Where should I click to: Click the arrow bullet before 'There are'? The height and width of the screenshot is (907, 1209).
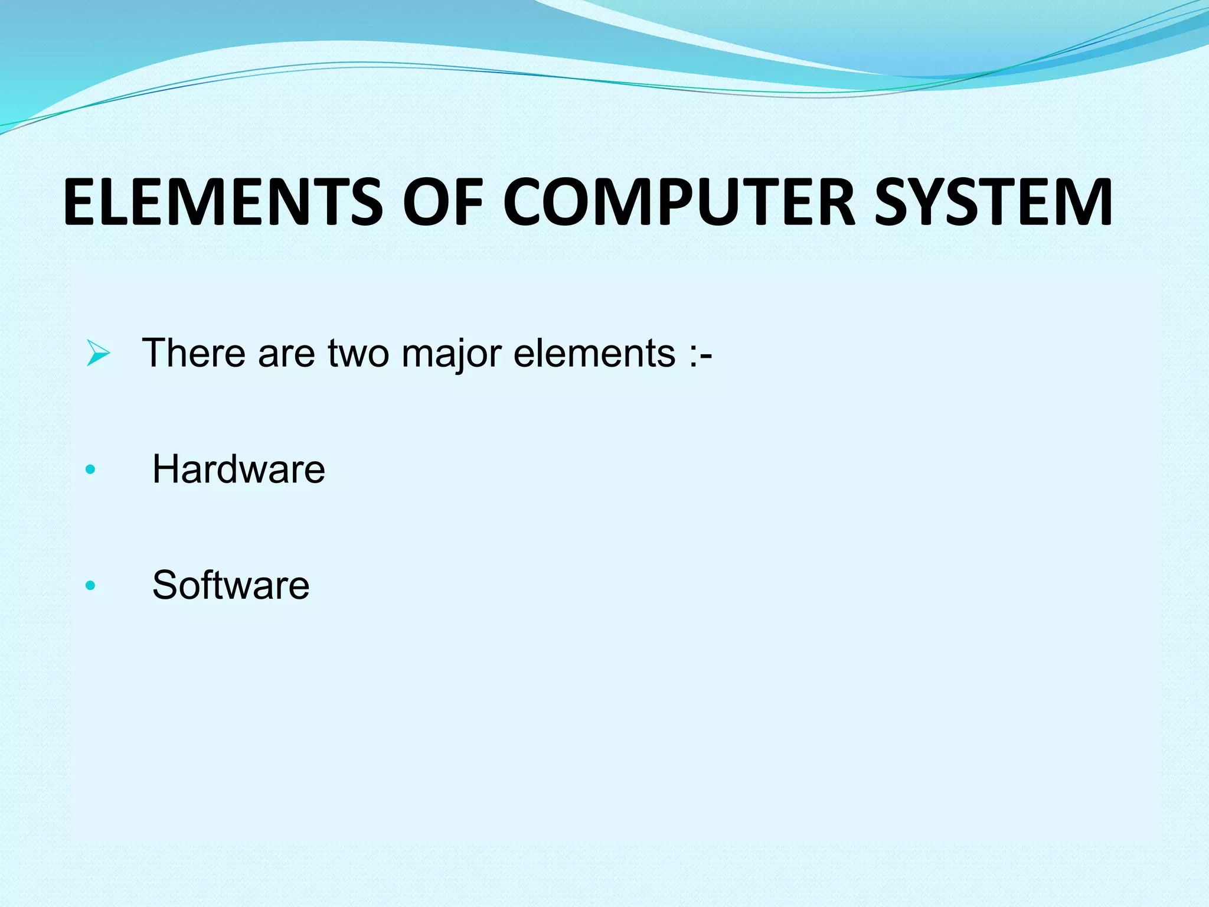pyautogui.click(x=97, y=353)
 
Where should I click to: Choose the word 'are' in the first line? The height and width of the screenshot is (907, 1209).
pyautogui.click(x=286, y=353)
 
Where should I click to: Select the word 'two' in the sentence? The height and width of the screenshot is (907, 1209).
pyautogui.click(x=358, y=353)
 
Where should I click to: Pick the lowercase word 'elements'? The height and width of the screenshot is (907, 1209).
pyautogui.click(x=594, y=353)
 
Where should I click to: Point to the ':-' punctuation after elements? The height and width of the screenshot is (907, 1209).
pyautogui.click(x=701, y=353)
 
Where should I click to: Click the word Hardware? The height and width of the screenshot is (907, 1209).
pyautogui.click(x=238, y=469)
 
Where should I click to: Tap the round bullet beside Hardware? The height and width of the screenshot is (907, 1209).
pyautogui.click(x=90, y=470)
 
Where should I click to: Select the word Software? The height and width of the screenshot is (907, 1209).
pyautogui.click(x=231, y=585)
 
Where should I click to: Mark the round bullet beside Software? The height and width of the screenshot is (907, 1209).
pyautogui.click(x=90, y=586)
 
